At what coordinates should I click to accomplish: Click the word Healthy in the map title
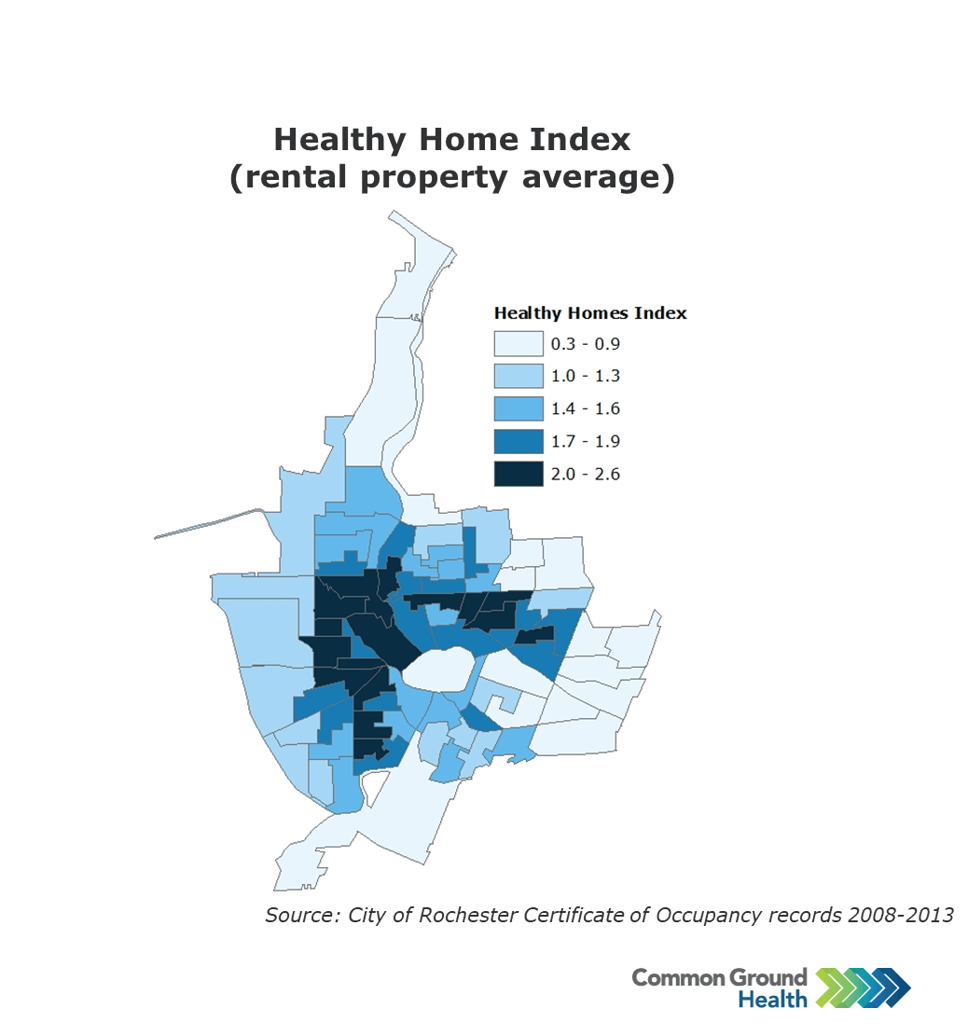(339, 140)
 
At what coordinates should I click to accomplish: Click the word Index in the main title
(580, 140)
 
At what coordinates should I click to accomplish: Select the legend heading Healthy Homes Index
(590, 313)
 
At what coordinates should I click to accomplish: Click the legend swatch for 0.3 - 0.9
(519, 343)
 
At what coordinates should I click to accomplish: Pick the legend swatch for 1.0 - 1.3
(519, 376)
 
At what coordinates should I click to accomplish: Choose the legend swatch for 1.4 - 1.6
(519, 408)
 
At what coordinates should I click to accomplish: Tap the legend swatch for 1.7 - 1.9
(519, 441)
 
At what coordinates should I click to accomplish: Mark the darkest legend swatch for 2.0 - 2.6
(519, 474)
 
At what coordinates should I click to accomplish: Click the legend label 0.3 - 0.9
(586, 343)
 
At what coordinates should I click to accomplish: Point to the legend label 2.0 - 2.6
(586, 474)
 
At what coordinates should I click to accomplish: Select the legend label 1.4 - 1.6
(586, 408)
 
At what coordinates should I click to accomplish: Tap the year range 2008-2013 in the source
(901, 915)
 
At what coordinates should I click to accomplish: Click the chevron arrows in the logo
(864, 988)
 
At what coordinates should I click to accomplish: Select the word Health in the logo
(772, 999)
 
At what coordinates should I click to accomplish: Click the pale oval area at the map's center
(439, 670)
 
